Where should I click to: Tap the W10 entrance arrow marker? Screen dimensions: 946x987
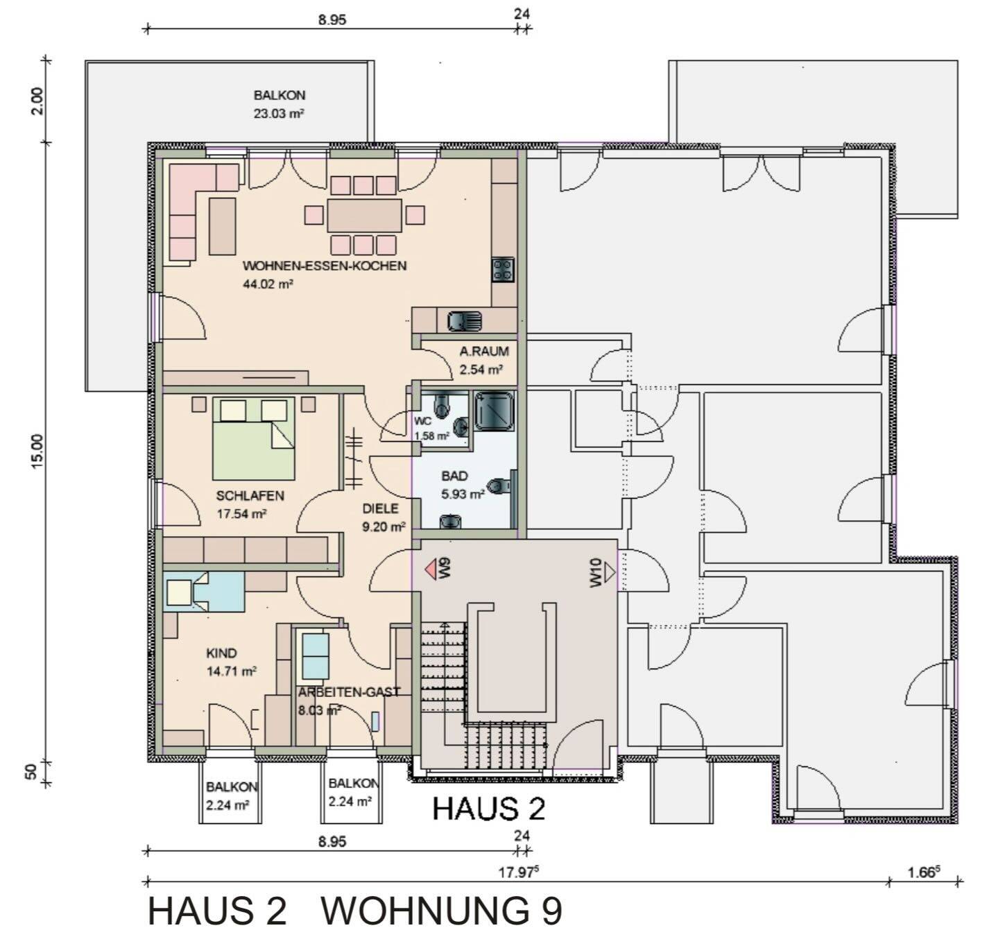[x=610, y=573]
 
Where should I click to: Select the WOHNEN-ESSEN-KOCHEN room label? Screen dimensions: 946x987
[x=324, y=266]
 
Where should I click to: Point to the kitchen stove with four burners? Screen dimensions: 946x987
[x=503, y=269]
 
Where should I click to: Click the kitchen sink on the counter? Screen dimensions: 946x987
[x=464, y=321]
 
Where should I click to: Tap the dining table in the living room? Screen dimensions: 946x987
[x=364, y=215]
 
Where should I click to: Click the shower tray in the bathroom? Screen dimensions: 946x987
[x=493, y=409]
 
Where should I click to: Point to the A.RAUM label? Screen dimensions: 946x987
[x=483, y=352]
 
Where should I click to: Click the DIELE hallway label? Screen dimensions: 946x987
[x=380, y=509]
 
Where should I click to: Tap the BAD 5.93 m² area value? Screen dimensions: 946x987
[x=463, y=495]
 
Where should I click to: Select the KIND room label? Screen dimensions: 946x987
[x=221, y=653]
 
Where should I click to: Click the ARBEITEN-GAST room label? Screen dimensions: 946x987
[x=349, y=691]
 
